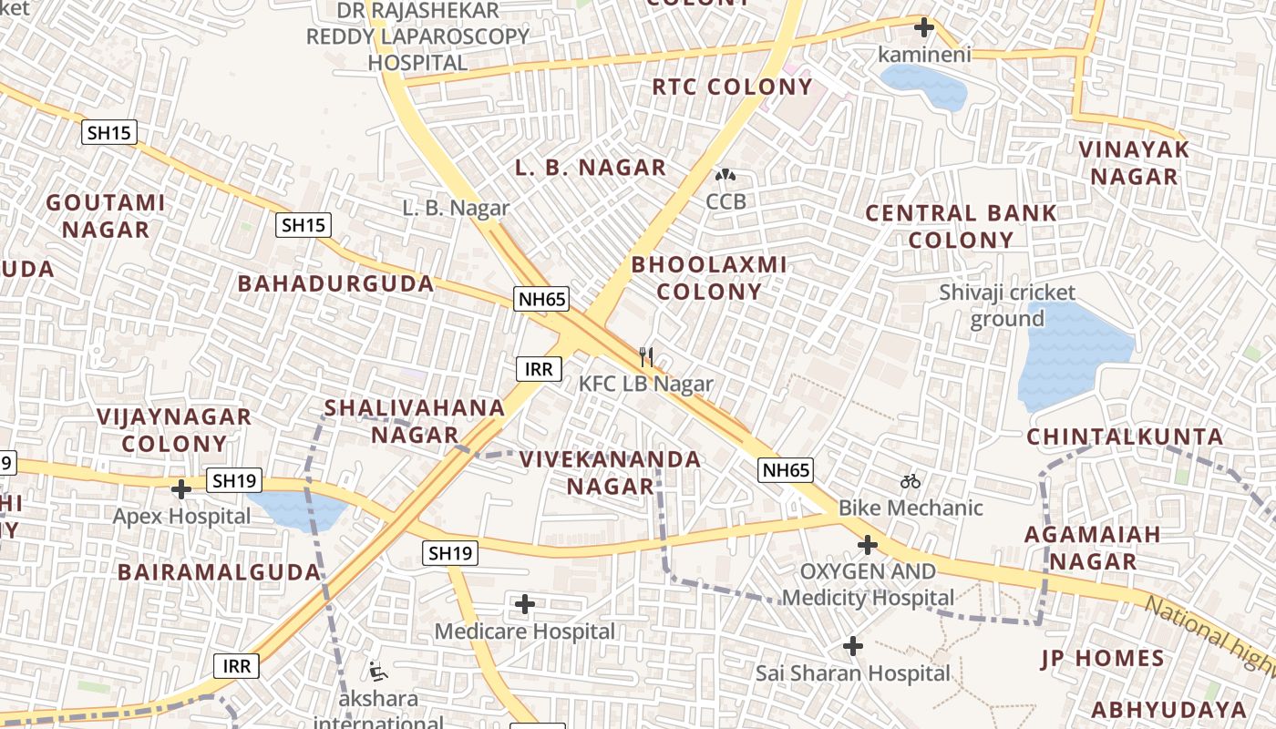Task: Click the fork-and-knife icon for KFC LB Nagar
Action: [646, 356]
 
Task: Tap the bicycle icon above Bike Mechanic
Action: [911, 481]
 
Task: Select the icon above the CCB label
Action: [725, 174]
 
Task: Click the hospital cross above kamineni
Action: [924, 27]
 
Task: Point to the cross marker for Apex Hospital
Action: [181, 489]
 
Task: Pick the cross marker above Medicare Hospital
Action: [525, 604]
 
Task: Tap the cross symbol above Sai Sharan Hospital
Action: [853, 646]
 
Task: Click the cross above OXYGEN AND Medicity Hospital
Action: [868, 546]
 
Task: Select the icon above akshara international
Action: [378, 672]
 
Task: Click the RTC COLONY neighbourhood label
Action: [732, 87]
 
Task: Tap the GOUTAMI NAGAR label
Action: [106, 216]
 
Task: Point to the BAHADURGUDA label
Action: [336, 283]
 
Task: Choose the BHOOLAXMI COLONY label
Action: [709, 278]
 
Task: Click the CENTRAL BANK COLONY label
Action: [961, 227]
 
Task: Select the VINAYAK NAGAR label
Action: [1134, 162]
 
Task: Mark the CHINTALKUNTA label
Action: [1125, 437]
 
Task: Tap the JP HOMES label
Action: [1103, 658]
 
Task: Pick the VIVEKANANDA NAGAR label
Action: [611, 472]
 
